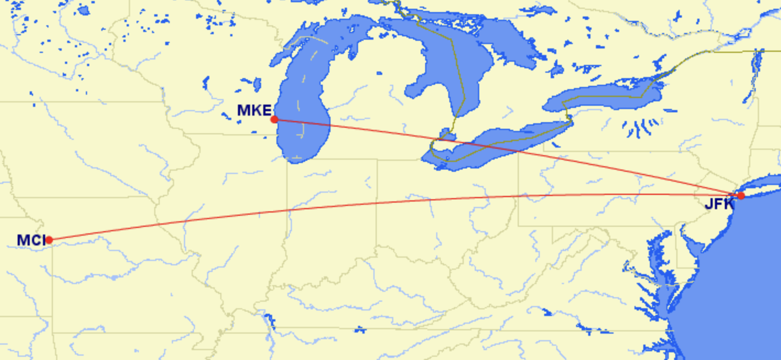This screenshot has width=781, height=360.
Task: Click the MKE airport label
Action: tap(254, 110)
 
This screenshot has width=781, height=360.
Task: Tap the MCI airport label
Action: tap(30, 240)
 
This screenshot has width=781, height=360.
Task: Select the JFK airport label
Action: tap(719, 204)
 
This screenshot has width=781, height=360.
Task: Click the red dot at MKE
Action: tap(274, 119)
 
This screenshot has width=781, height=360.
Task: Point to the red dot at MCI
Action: tap(49, 240)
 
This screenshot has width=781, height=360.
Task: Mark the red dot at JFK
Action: tap(741, 195)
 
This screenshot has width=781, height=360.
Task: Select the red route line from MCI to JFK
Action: tap(386, 202)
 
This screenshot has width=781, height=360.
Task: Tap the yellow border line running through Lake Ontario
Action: tap(606, 97)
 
